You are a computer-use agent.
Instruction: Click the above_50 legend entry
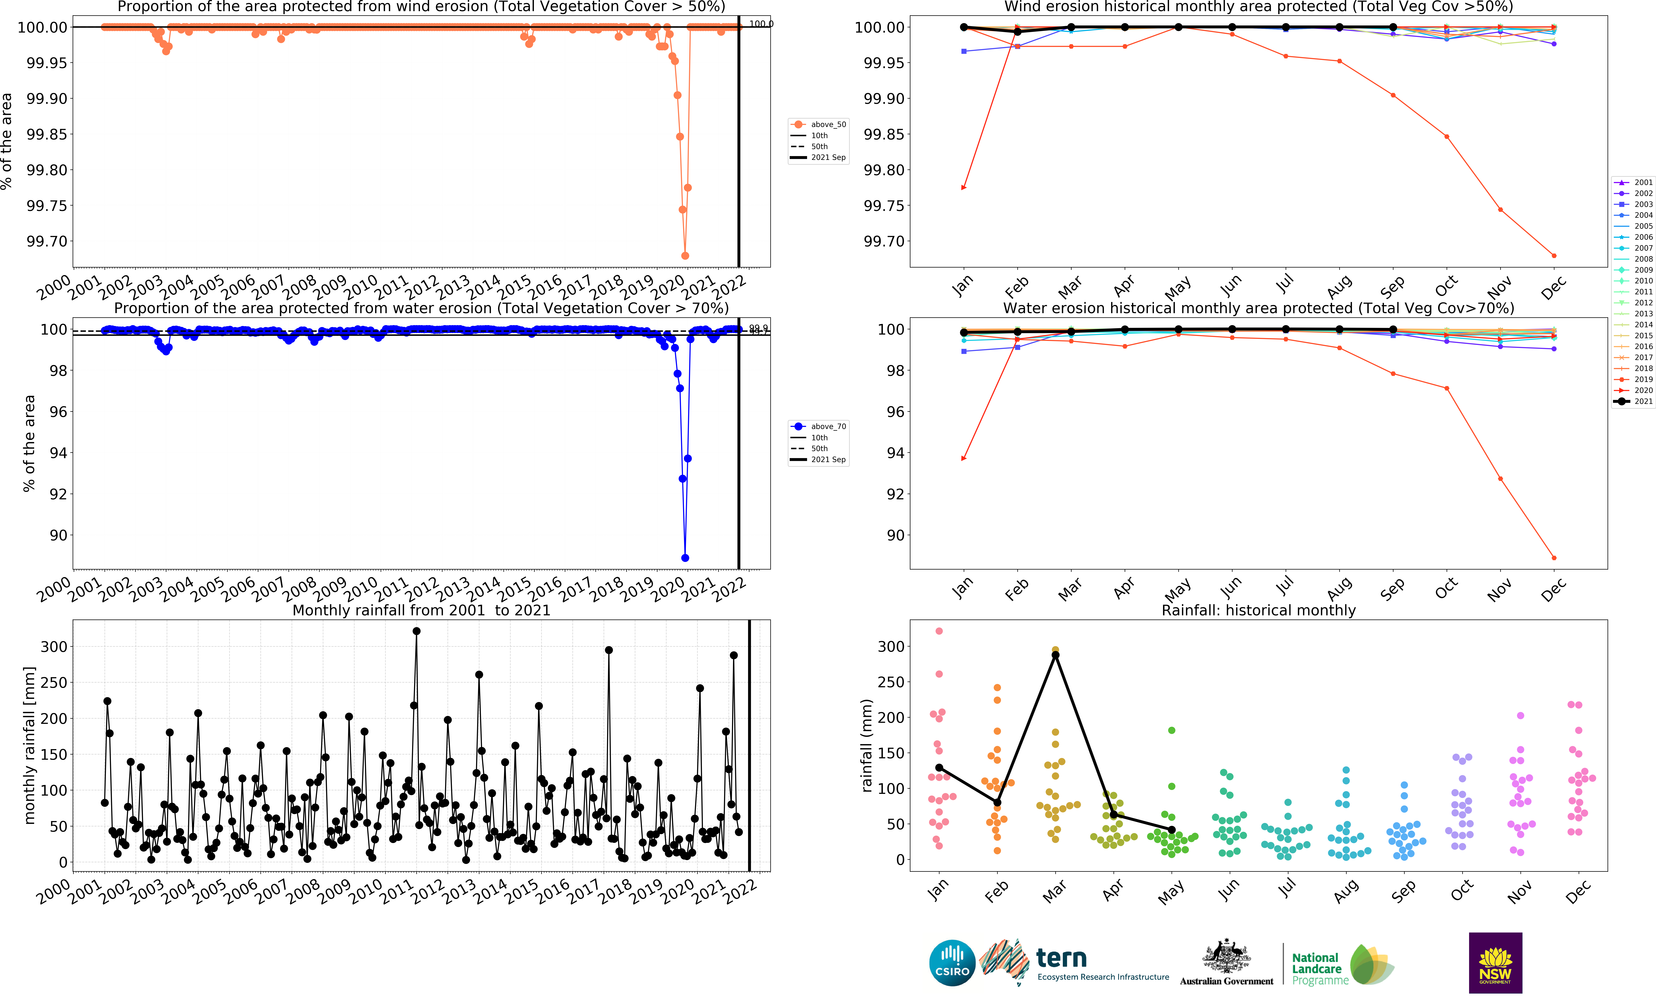tap(819, 124)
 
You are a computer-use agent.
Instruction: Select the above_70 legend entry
tap(819, 426)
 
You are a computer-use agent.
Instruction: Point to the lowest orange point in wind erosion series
tap(685, 255)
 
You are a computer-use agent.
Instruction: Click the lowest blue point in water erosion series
tap(685, 558)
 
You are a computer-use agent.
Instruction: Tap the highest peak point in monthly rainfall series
tap(417, 631)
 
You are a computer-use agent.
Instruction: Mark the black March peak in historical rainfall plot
tap(1055, 655)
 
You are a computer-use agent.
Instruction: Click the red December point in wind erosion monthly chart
tap(1554, 255)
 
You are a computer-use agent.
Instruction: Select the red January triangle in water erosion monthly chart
tap(964, 458)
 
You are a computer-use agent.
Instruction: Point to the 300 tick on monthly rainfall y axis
tap(54, 647)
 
